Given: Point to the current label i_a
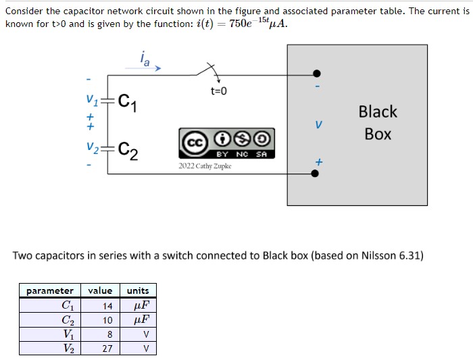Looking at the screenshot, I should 144,59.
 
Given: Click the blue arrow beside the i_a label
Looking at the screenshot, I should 157,68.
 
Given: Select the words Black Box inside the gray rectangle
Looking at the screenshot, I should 378,122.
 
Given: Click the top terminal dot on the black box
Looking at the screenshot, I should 315,74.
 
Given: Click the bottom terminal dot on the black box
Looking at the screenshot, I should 315,173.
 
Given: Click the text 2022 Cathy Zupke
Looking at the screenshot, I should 205,165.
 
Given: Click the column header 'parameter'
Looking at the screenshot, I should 50,290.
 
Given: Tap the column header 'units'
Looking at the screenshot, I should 138,290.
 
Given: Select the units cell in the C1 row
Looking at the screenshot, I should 138,305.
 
